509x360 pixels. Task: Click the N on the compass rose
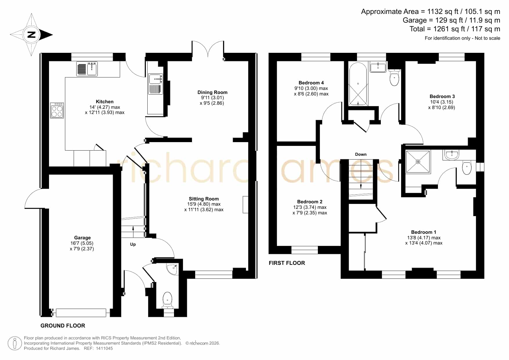point(31,35)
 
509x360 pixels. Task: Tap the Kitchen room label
point(105,102)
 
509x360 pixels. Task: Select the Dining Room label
point(212,92)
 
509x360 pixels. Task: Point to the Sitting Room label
point(204,199)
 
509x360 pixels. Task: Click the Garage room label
point(82,238)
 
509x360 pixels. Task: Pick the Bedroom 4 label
point(311,83)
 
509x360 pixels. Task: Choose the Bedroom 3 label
point(442,96)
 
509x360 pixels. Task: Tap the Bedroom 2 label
point(310,202)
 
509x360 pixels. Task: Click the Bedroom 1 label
point(424,232)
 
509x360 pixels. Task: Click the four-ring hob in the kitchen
point(57,110)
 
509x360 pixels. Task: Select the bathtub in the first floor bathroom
point(358,84)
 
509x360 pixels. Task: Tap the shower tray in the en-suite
point(418,162)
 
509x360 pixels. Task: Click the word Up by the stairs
point(133,244)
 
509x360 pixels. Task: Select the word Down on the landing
point(361,154)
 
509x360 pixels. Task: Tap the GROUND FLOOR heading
point(63,325)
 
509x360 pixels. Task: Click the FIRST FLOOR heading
point(287,263)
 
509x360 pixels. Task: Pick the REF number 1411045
point(104,348)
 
